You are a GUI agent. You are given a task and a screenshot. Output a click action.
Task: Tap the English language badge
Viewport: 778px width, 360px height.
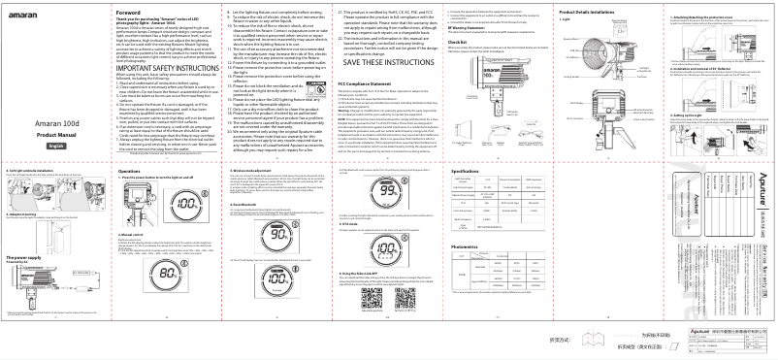[x=30, y=144]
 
